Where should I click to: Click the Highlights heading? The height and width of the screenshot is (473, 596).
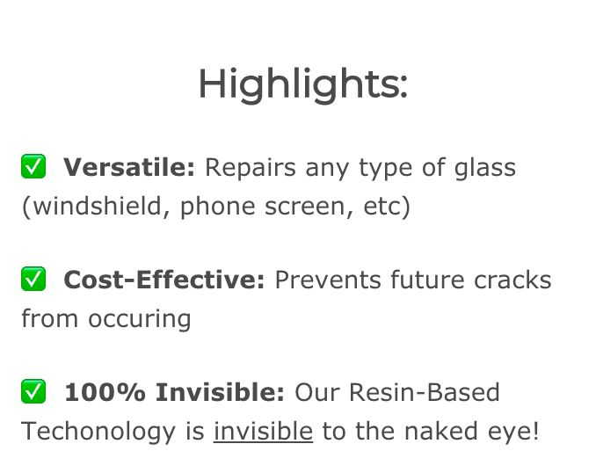tap(303, 84)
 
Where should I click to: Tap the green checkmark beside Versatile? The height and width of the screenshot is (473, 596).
tap(33, 166)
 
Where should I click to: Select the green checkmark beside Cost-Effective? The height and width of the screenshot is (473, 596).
tap(33, 279)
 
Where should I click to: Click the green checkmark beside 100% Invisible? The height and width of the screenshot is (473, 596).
tap(33, 391)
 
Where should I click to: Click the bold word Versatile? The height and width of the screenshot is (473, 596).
tap(129, 167)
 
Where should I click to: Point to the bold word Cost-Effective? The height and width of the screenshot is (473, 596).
tap(164, 280)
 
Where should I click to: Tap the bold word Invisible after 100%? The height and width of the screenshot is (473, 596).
tap(220, 392)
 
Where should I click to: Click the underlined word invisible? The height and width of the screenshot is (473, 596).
tap(263, 431)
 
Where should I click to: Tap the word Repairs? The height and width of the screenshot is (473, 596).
tap(251, 168)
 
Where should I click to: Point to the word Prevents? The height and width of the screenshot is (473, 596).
tap(328, 280)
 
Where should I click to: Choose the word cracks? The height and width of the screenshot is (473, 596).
tap(512, 280)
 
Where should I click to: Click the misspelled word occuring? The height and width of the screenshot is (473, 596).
tap(140, 319)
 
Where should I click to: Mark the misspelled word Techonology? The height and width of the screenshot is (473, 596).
tap(98, 432)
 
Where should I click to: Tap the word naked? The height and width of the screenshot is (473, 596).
tap(441, 431)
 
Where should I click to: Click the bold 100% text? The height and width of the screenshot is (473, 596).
tap(105, 392)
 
